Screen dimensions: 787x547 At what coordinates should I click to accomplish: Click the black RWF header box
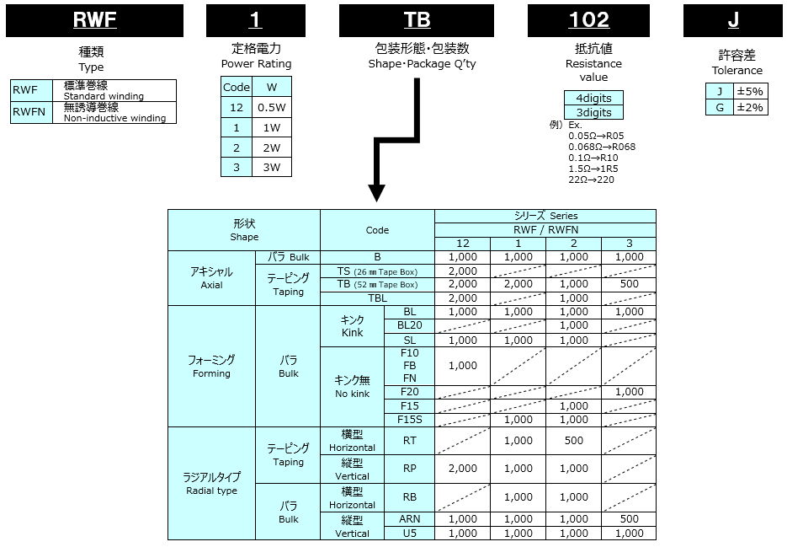(x=94, y=20)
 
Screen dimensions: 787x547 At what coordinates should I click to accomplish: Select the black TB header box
(x=417, y=20)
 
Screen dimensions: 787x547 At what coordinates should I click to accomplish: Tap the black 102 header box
(x=588, y=20)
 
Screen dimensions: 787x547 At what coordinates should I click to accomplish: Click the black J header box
(x=733, y=20)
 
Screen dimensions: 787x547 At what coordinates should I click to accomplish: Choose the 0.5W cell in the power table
(x=272, y=108)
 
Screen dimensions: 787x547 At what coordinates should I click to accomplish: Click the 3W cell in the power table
(x=272, y=168)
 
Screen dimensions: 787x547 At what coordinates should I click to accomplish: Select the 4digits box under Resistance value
(x=593, y=98)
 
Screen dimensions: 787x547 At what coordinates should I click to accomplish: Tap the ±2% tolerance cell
(x=750, y=107)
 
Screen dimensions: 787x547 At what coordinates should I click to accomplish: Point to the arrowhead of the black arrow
(x=376, y=193)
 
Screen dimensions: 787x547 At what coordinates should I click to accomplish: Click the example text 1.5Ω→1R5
(x=593, y=169)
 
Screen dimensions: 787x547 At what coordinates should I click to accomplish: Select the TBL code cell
(x=377, y=298)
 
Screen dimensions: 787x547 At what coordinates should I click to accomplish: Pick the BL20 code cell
(x=410, y=325)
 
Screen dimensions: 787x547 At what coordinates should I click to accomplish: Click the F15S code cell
(x=410, y=420)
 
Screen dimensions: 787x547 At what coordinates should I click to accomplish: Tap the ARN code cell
(x=410, y=519)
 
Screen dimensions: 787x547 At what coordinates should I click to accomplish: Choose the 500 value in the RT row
(x=574, y=441)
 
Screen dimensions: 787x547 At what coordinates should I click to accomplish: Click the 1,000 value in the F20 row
(x=629, y=392)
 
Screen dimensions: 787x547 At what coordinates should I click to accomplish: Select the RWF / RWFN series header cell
(x=545, y=230)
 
